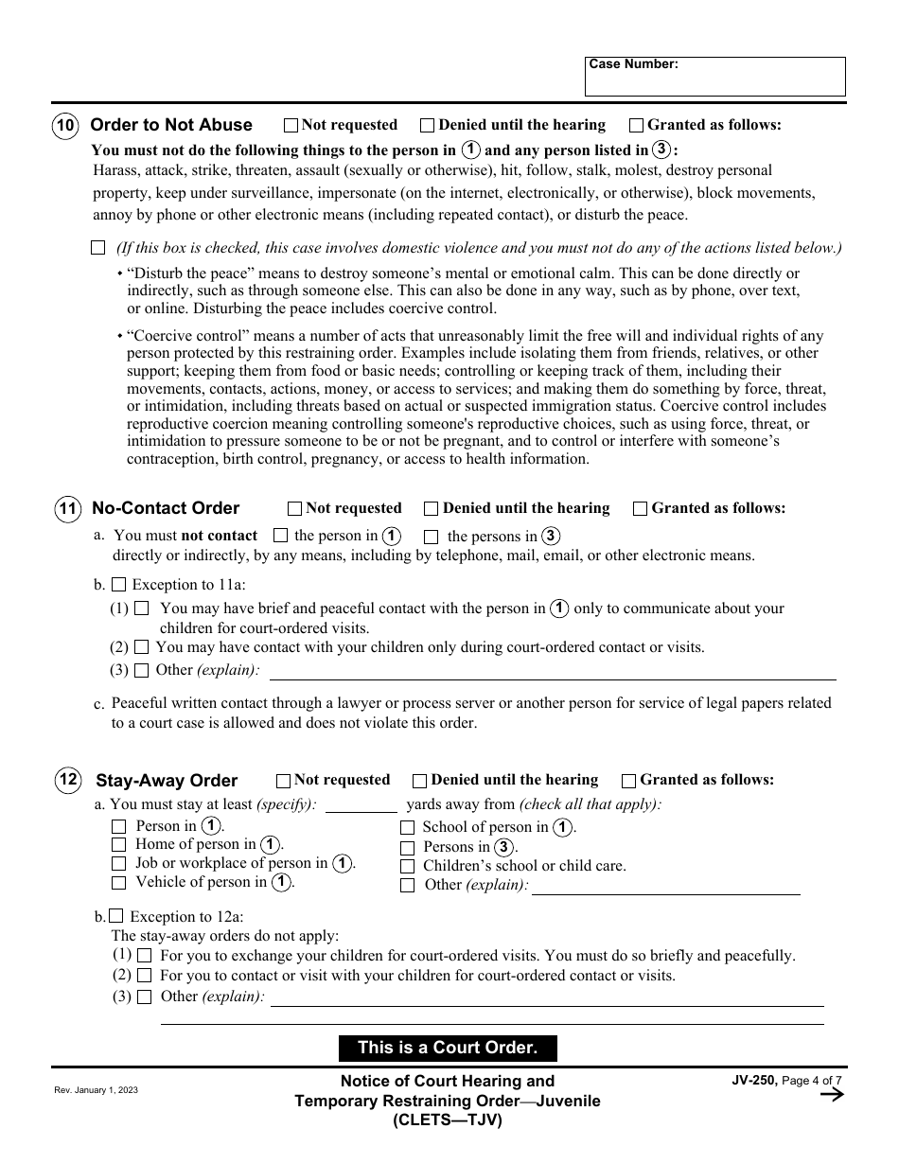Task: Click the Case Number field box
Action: (x=714, y=77)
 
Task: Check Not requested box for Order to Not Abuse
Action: (x=291, y=125)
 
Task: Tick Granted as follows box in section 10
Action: (x=637, y=125)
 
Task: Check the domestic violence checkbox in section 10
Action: (x=98, y=248)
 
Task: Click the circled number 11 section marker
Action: (x=68, y=508)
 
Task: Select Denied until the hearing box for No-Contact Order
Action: (x=432, y=508)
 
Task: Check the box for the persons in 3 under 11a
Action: (x=432, y=537)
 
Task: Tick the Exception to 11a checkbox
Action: (x=118, y=585)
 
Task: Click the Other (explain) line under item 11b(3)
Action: (x=553, y=672)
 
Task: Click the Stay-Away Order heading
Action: (x=167, y=781)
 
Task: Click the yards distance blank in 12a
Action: (x=361, y=805)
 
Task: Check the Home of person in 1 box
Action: (x=118, y=844)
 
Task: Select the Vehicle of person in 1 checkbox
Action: (x=118, y=883)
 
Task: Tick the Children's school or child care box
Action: (x=407, y=866)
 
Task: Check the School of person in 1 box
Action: (x=407, y=827)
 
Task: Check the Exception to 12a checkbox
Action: (x=115, y=916)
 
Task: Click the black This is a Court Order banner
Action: (x=448, y=1048)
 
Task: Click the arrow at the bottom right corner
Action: (x=831, y=1095)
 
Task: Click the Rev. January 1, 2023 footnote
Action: (x=96, y=1090)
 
